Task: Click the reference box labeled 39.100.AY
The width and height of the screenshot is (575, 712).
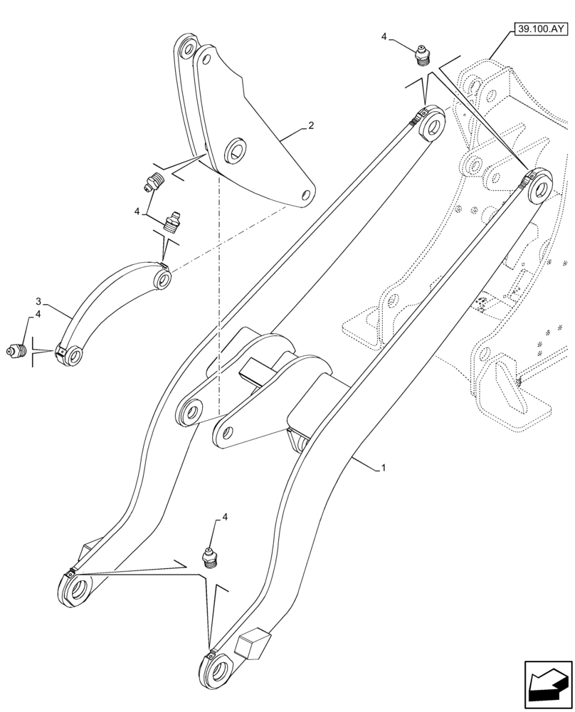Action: click(539, 29)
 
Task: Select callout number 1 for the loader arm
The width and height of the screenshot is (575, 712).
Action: click(384, 468)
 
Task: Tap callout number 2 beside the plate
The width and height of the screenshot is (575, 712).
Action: click(311, 126)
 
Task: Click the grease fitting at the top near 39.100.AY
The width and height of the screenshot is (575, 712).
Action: click(423, 54)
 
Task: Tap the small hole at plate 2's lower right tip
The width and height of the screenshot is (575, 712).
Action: click(306, 194)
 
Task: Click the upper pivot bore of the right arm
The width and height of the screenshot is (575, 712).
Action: click(540, 187)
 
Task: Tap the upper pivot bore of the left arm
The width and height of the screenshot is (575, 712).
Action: click(431, 125)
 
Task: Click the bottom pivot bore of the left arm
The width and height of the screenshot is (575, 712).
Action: click(78, 590)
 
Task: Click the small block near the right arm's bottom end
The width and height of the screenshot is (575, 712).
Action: click(252, 645)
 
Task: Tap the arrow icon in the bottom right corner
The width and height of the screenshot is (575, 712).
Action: click(548, 685)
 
